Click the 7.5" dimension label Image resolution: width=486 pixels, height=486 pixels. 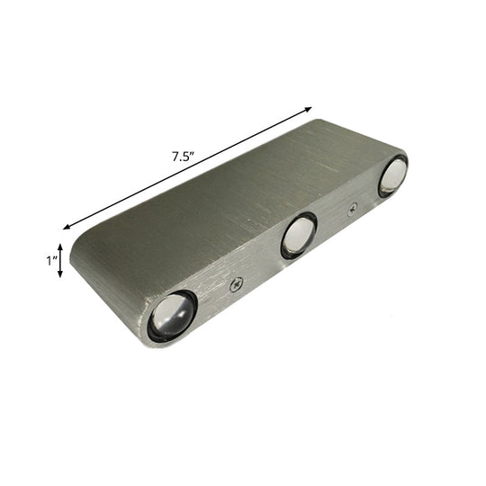pos(183,155)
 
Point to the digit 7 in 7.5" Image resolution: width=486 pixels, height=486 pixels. pos(175,155)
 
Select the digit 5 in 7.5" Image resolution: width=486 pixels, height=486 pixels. pos(186,155)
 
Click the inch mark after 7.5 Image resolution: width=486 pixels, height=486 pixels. pos(193,152)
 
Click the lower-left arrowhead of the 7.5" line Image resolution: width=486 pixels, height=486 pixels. pos(66,228)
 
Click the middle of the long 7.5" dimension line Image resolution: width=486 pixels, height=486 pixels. pos(187,168)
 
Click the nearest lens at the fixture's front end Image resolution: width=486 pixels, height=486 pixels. pos(172,316)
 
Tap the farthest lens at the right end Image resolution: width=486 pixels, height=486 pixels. pos(392,175)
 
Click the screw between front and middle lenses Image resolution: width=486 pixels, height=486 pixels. pos(236,285)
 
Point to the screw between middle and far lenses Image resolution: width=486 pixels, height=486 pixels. pos(352,208)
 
